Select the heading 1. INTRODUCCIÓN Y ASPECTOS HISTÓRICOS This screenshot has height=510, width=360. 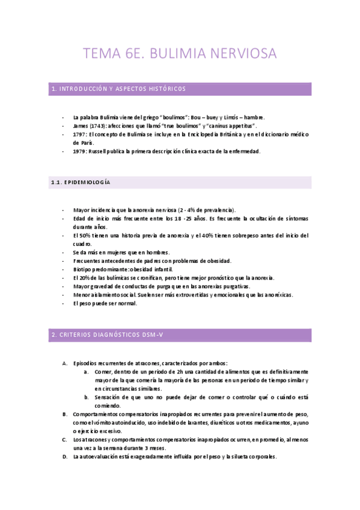(x=119, y=89)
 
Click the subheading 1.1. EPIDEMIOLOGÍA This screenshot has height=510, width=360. (x=81, y=182)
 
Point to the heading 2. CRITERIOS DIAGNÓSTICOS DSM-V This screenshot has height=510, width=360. (x=108, y=335)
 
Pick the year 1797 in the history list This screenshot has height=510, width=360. (x=79, y=135)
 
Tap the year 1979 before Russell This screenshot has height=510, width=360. (x=79, y=152)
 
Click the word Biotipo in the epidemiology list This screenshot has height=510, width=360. (x=82, y=270)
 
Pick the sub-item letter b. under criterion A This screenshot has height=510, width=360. (x=87, y=398)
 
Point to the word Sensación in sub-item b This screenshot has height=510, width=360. (x=108, y=398)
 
